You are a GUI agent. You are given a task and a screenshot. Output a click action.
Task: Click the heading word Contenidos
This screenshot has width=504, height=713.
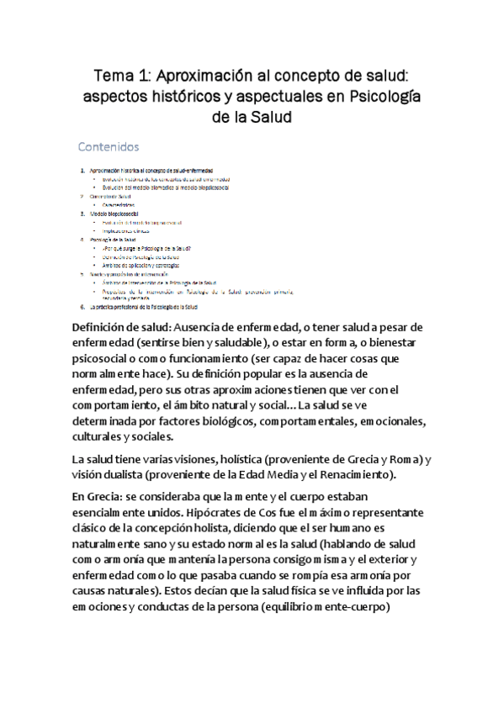tap(109, 147)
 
